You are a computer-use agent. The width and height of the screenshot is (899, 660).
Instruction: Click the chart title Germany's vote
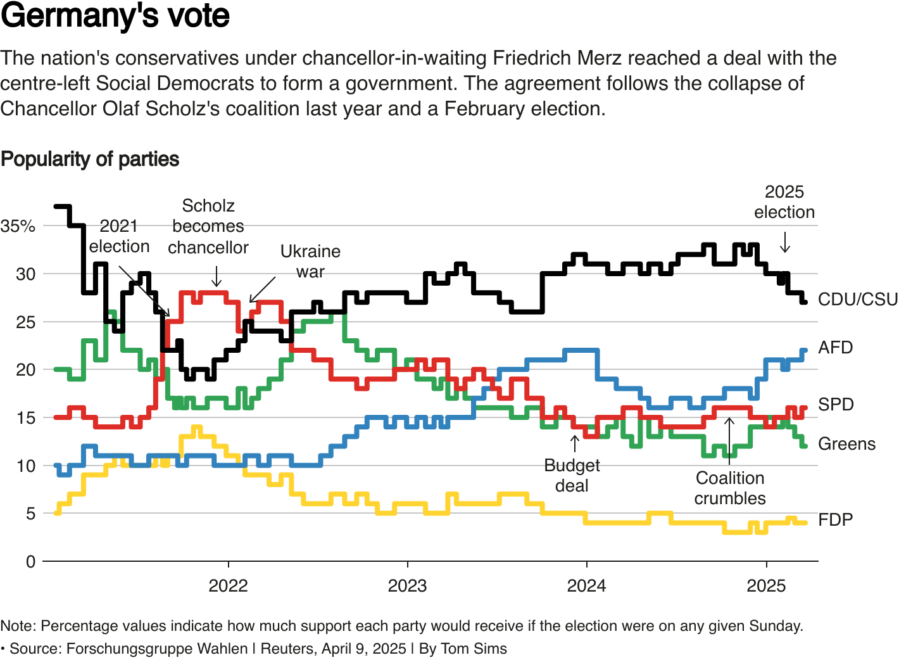coord(115,16)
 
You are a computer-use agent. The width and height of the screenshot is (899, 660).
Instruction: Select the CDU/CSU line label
coord(857,300)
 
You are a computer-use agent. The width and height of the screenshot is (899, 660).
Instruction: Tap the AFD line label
coord(835,348)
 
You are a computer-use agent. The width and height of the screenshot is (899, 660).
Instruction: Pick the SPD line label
coord(835,405)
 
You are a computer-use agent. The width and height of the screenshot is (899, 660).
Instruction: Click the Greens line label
coord(846,444)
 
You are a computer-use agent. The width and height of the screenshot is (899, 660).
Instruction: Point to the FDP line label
coord(835,520)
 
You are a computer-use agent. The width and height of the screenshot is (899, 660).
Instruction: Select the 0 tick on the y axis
coord(30,562)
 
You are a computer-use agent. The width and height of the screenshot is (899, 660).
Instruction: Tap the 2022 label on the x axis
coord(228,586)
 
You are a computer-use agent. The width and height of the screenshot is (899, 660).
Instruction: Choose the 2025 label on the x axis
coord(766,586)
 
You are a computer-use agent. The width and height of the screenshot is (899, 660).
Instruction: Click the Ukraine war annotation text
coord(310,262)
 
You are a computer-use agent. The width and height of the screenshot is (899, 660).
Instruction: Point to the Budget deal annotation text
coord(572,476)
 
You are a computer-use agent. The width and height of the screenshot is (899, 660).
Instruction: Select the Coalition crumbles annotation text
coord(730,488)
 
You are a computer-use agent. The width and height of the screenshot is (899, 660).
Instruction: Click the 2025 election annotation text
coord(784,202)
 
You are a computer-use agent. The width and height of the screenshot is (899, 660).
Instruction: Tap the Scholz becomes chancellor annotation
coord(208,227)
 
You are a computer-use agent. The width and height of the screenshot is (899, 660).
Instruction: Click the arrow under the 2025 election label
coord(785,243)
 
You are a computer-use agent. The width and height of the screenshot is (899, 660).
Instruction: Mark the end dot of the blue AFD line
coord(804,351)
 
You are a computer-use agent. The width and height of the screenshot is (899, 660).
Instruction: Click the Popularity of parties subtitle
coord(90,159)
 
